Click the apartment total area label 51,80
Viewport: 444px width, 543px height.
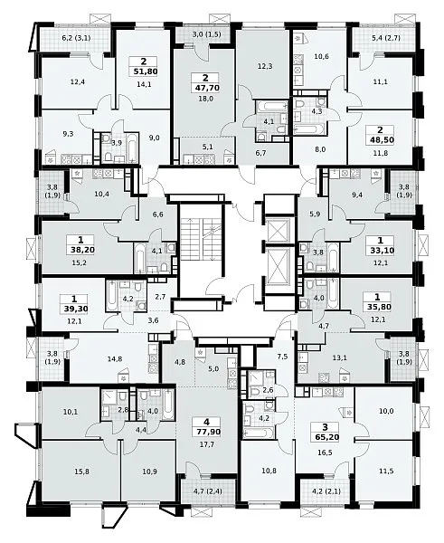pos(144,71)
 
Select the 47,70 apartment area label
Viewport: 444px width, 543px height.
pos(205,88)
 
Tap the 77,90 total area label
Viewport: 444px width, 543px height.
pos(206,433)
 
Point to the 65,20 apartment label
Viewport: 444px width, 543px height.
pos(326,437)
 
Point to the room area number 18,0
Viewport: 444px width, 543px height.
pos(205,99)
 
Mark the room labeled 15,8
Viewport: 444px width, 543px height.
pos(81,472)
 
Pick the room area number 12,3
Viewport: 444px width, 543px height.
pos(265,66)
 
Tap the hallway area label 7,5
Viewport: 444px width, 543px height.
pos(283,356)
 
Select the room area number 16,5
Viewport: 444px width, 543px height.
pos(325,452)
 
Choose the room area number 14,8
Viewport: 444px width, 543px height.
pos(115,358)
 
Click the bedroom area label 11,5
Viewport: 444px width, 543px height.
pos(386,471)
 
